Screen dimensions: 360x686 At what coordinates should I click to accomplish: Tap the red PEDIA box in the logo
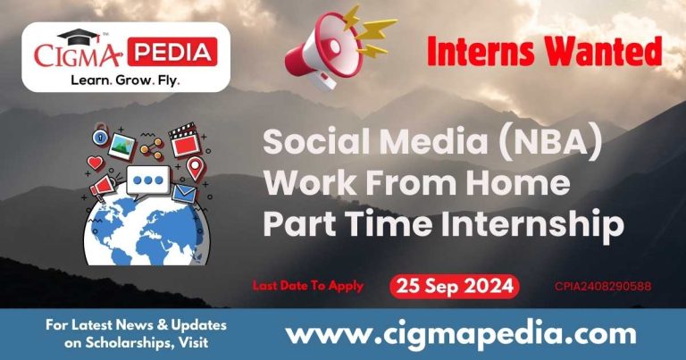point(171,52)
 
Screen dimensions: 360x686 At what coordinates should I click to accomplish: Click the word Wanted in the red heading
point(605,54)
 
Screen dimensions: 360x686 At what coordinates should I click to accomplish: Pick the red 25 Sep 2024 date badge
point(454,287)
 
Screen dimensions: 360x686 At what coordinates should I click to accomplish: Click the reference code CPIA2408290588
point(602,287)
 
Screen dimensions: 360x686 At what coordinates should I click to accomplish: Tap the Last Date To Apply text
point(308,286)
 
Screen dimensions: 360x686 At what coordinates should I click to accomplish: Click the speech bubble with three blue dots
point(147,182)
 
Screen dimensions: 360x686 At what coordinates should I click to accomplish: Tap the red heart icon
point(96,163)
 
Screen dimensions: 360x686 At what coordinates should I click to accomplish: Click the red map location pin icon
point(194,167)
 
